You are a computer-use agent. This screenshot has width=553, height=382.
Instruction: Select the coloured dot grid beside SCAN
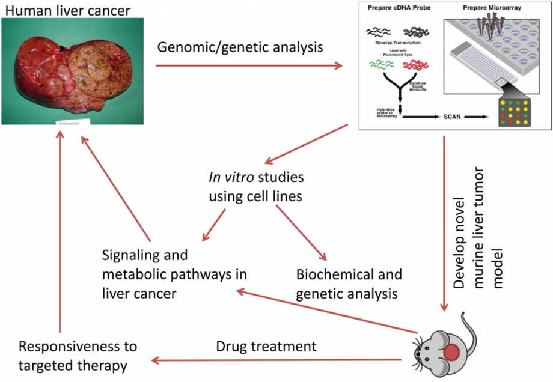515,111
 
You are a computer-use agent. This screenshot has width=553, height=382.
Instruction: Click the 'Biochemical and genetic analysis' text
349,284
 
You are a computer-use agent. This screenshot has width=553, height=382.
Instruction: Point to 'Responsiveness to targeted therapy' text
78,356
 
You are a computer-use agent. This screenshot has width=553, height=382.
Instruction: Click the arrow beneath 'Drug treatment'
276,360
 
